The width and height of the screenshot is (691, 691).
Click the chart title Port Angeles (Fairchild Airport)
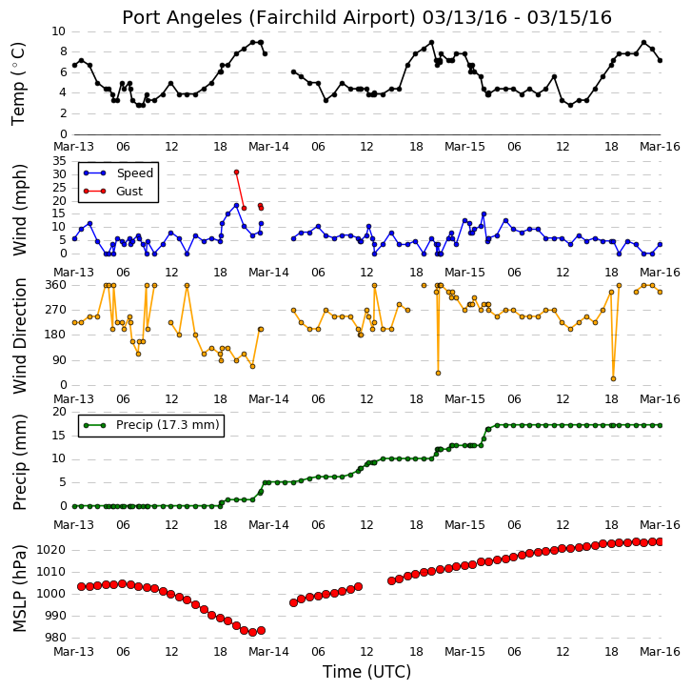(x=268, y=18)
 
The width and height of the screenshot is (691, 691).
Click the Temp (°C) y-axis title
(x=18, y=84)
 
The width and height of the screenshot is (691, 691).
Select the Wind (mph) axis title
(x=19, y=210)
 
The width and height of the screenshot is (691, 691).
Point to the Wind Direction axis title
(x=19, y=336)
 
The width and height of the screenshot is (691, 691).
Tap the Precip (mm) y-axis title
(x=19, y=462)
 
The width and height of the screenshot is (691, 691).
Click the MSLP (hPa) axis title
(x=19, y=589)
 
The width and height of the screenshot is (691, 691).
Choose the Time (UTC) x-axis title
(x=366, y=672)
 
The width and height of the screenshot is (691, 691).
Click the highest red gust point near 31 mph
(x=237, y=173)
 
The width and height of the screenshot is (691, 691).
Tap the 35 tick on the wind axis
(x=60, y=161)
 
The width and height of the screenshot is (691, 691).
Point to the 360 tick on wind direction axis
(x=56, y=285)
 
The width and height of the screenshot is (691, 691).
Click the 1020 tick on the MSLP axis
(x=50, y=550)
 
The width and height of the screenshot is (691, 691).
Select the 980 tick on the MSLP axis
(x=55, y=638)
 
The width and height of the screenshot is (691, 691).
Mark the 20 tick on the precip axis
(x=60, y=412)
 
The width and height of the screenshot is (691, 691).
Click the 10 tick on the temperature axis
(x=59, y=31)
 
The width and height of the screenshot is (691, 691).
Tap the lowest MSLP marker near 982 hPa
(x=252, y=632)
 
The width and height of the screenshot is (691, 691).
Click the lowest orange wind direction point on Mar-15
(x=613, y=378)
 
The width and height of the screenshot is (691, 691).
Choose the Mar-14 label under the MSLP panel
(x=268, y=652)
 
